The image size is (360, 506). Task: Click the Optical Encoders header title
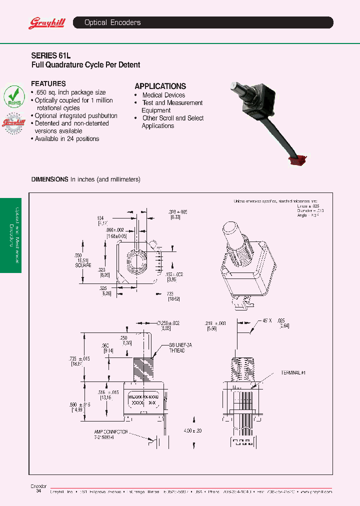click(112, 22)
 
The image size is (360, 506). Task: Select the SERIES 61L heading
click(47, 56)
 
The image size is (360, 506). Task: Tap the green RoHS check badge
click(14, 95)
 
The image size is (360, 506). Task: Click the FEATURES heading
click(48, 84)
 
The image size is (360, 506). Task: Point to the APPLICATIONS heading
click(160, 86)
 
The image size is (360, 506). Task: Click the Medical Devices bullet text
click(163, 95)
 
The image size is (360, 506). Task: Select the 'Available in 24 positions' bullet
click(66, 138)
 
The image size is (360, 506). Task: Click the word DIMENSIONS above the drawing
click(49, 179)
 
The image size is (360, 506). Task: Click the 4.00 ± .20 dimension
click(192, 430)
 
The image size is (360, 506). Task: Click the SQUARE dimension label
click(83, 266)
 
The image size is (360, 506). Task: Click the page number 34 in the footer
click(39, 491)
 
